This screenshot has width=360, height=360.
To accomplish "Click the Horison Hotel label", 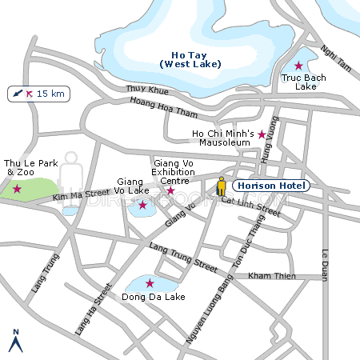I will pos(271,186).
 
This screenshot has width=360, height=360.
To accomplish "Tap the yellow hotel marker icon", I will pos(222,186).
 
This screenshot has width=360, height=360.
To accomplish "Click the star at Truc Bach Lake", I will pos(298,66).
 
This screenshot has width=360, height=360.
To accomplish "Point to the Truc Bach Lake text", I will pos(300,82).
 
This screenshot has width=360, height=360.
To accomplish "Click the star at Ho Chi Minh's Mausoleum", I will pos(262,134).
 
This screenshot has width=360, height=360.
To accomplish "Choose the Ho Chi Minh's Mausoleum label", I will pos(223,138).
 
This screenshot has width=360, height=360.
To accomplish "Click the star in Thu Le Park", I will pos(17,190).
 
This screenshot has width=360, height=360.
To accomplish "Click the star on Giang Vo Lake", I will pos(142,206).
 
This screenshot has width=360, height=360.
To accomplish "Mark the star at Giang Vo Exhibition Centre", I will pos(170,190).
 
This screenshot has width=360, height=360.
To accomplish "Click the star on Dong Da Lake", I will pos(150,283).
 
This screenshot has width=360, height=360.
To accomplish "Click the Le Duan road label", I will pos(326,265).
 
